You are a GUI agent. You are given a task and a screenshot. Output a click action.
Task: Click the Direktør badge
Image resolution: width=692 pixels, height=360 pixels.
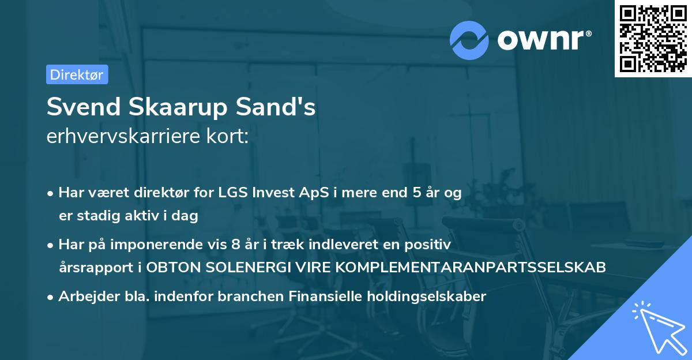[77, 74]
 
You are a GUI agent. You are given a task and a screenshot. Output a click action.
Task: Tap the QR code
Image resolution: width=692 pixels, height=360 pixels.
[653, 39]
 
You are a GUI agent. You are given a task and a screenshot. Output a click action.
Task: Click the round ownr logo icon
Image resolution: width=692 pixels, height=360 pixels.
[469, 40]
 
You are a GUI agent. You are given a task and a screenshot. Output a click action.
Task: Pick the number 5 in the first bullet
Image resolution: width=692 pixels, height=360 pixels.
[416, 193]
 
